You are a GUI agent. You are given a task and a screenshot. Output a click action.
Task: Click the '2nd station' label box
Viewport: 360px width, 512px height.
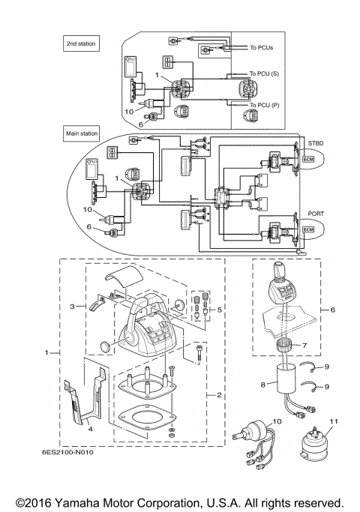point(82,45)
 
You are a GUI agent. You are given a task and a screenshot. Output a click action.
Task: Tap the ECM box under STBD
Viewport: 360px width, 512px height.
point(309,160)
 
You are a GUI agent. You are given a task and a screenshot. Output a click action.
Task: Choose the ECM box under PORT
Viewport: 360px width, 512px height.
point(309,230)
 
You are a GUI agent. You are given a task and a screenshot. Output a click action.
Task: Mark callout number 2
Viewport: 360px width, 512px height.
point(217,394)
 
